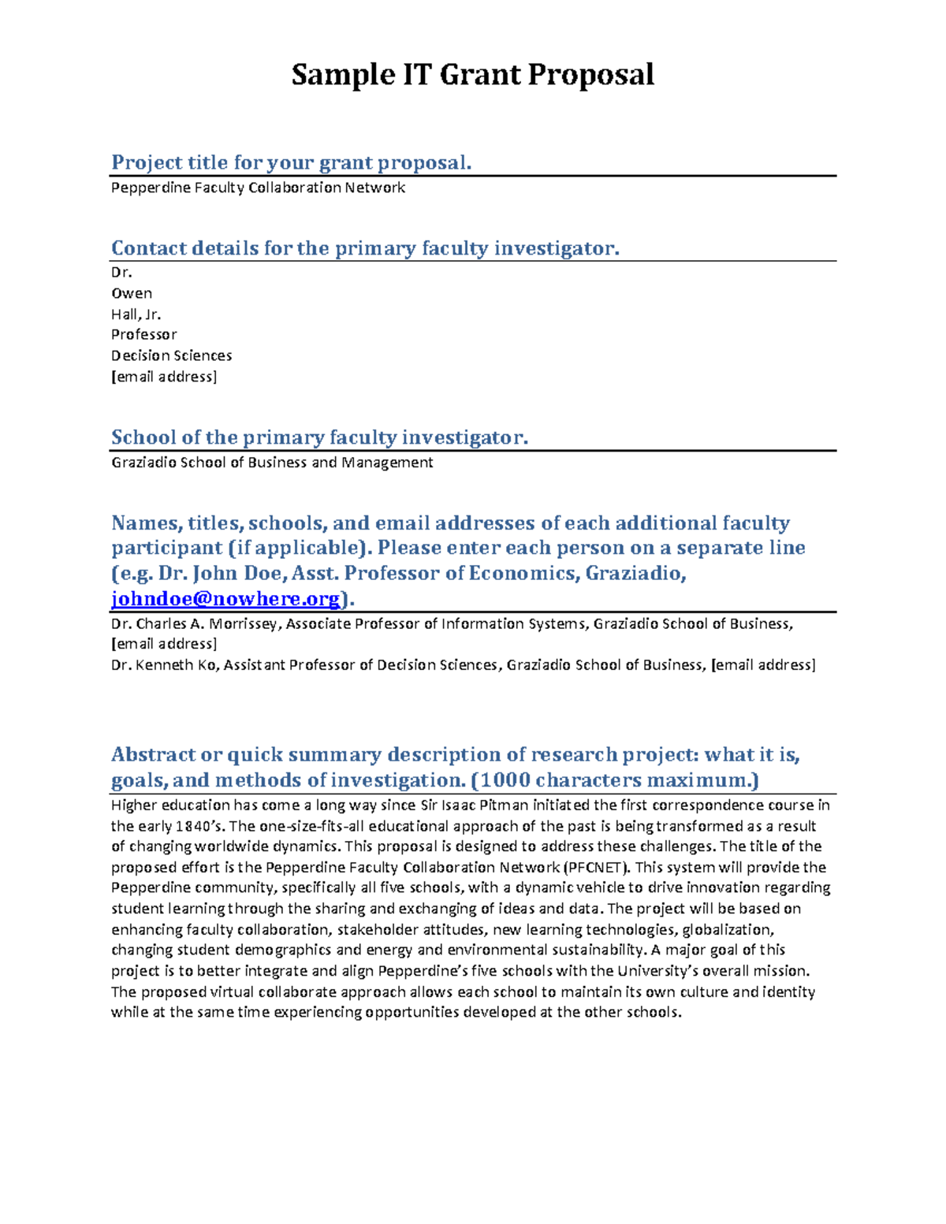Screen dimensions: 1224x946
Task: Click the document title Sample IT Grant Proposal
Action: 472,75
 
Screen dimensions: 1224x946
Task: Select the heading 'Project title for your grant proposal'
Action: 291,162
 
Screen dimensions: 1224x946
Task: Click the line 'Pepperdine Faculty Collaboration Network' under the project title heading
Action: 258,188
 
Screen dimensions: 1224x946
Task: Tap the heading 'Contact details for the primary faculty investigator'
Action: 365,248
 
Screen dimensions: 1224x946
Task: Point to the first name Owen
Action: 132,293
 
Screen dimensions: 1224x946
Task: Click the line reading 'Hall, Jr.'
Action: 136,314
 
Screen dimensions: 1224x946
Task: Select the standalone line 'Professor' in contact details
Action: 143,334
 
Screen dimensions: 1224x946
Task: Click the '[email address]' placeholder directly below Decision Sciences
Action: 163,376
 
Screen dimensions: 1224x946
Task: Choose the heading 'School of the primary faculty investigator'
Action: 319,437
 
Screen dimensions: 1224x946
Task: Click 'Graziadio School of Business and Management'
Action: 272,462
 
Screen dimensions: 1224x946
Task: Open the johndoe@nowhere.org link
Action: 225,599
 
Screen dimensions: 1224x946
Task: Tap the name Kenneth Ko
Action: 176,664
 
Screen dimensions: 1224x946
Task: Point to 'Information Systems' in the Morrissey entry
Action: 514,623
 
